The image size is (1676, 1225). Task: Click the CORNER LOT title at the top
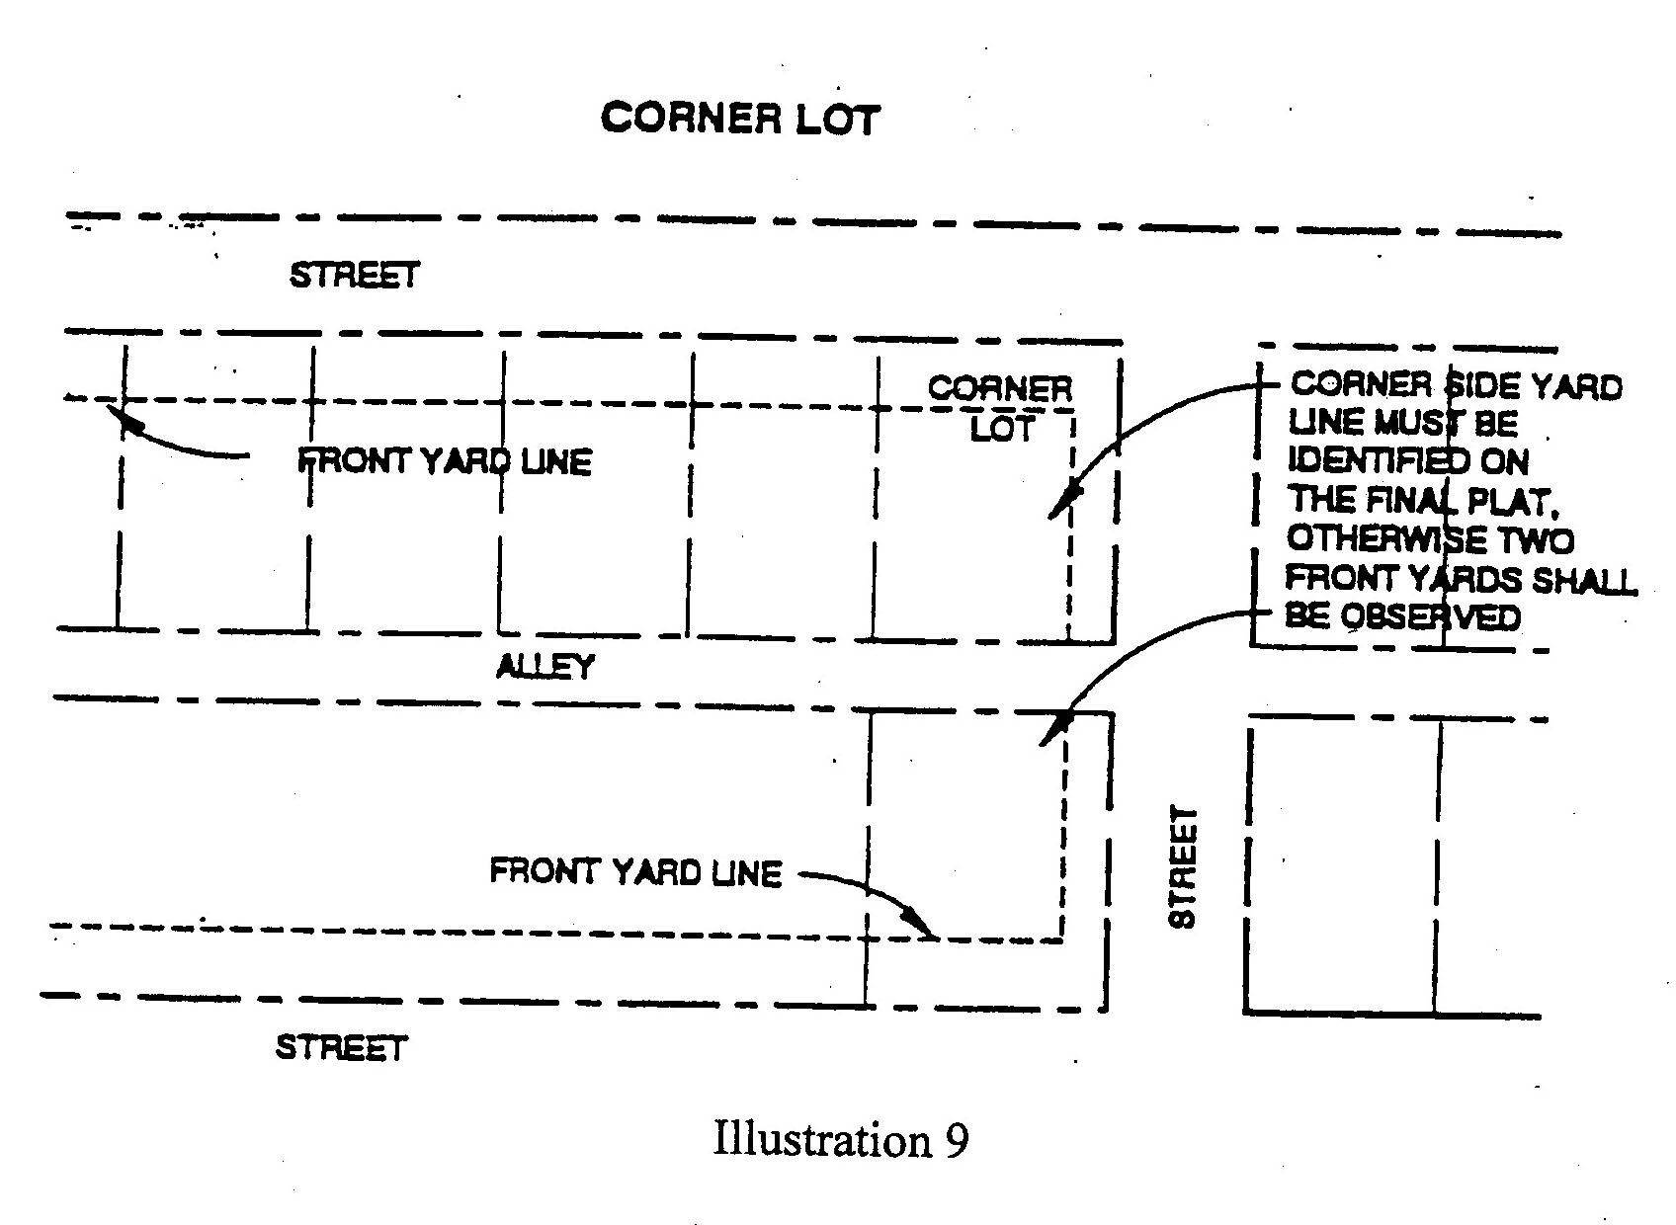coord(739,119)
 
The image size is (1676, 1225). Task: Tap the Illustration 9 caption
coord(840,1140)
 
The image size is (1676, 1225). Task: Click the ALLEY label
coord(545,667)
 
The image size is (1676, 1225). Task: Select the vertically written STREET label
coord(1183,866)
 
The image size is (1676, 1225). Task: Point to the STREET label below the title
coord(354,275)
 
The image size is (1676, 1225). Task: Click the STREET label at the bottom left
coord(341,1047)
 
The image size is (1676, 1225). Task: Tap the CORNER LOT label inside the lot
coord(1000,408)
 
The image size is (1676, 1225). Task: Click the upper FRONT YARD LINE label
coord(445,461)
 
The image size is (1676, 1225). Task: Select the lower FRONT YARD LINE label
coord(635,872)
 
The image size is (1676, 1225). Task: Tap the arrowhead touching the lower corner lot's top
coord(1050,734)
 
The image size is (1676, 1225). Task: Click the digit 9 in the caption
coord(956,1140)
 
